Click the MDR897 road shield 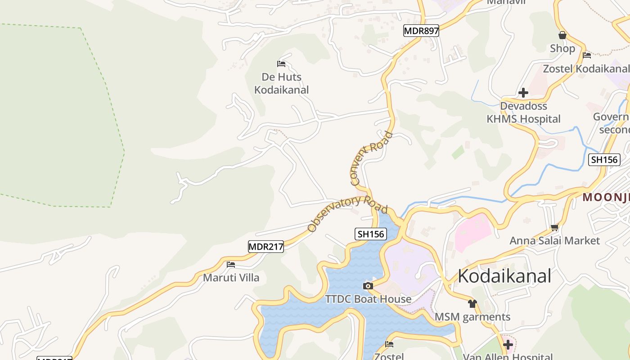pos(421,31)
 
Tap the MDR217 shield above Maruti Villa pos(266,247)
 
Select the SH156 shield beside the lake pos(370,234)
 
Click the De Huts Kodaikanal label pos(282,83)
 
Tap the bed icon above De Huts pos(282,64)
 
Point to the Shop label pos(562,48)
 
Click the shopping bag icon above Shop pos(562,35)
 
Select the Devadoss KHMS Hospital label pos(524,112)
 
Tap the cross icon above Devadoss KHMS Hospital pos(523,93)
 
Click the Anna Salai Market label pos(554,241)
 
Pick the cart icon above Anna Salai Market pos(555,227)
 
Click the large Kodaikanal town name pos(504,276)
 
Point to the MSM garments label pos(472,317)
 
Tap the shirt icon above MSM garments pos(472,304)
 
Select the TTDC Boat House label pos(368,299)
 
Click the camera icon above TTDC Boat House pos(368,286)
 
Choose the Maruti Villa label pos(231,277)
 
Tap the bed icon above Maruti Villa pos(231,265)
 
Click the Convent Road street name pos(371,159)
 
